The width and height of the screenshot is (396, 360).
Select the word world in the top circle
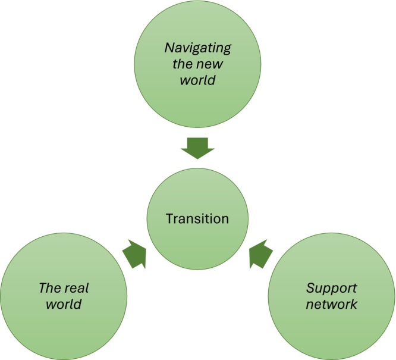pos(198,80)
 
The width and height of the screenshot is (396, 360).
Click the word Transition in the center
pos(198,218)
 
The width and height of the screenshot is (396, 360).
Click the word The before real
pos(50,289)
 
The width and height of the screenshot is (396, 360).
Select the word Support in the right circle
pos(332,289)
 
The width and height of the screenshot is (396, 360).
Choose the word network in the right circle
pos(332,305)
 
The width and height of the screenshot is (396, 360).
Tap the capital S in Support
pos(310,289)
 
